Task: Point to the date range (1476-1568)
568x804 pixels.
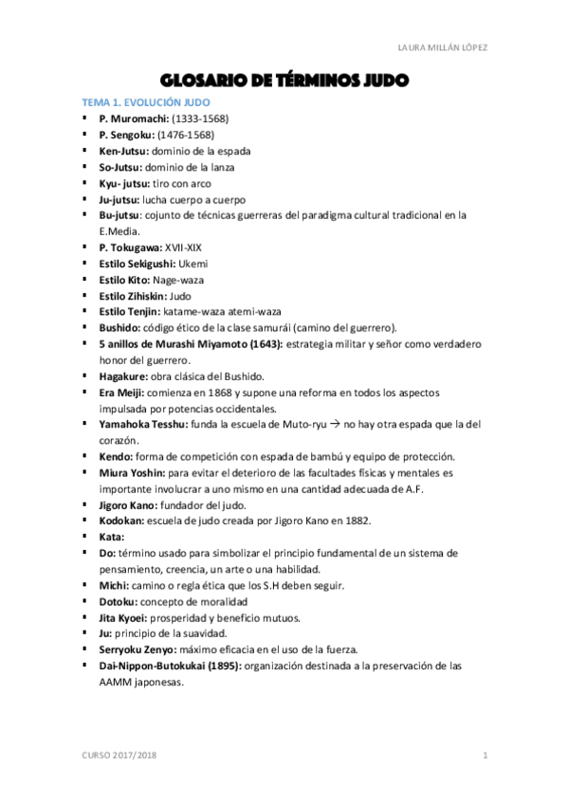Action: tap(185, 135)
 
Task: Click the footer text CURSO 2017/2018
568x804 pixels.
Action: tap(119, 755)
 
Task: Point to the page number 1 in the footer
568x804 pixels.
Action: tap(485, 755)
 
